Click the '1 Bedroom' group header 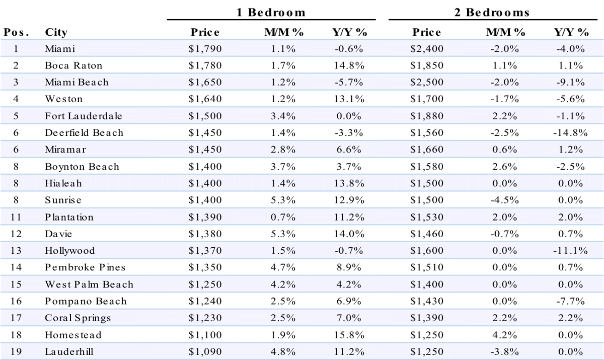pos(271,13)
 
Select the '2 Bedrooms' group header pos(492,13)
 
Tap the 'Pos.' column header pos(16,32)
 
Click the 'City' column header pos(56,32)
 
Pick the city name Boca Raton pos(73,65)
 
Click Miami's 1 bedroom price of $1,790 pos(205,48)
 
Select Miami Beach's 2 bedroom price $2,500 pos(427,82)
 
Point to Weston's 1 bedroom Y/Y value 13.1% pos(349,99)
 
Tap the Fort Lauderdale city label pos(84,116)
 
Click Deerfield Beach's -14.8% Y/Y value pos(570,132)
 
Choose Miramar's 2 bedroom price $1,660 pos(427,149)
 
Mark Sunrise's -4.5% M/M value pos(504,200)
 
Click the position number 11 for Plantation pos(16,217)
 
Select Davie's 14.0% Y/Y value pos(349,234)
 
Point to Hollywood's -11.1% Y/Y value pos(570,250)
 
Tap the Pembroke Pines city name pos(85,267)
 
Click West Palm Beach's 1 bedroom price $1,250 pos(205,284)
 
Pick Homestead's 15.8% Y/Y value pos(349,335)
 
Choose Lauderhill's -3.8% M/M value pos(504,351)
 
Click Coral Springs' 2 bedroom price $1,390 pos(427,318)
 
